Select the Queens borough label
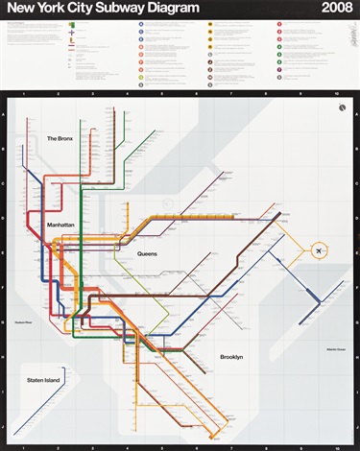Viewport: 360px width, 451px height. (147, 253)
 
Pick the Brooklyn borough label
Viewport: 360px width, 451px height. (231, 357)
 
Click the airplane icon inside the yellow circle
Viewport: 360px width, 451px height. (318, 251)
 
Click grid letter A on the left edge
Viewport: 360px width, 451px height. (8, 115)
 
